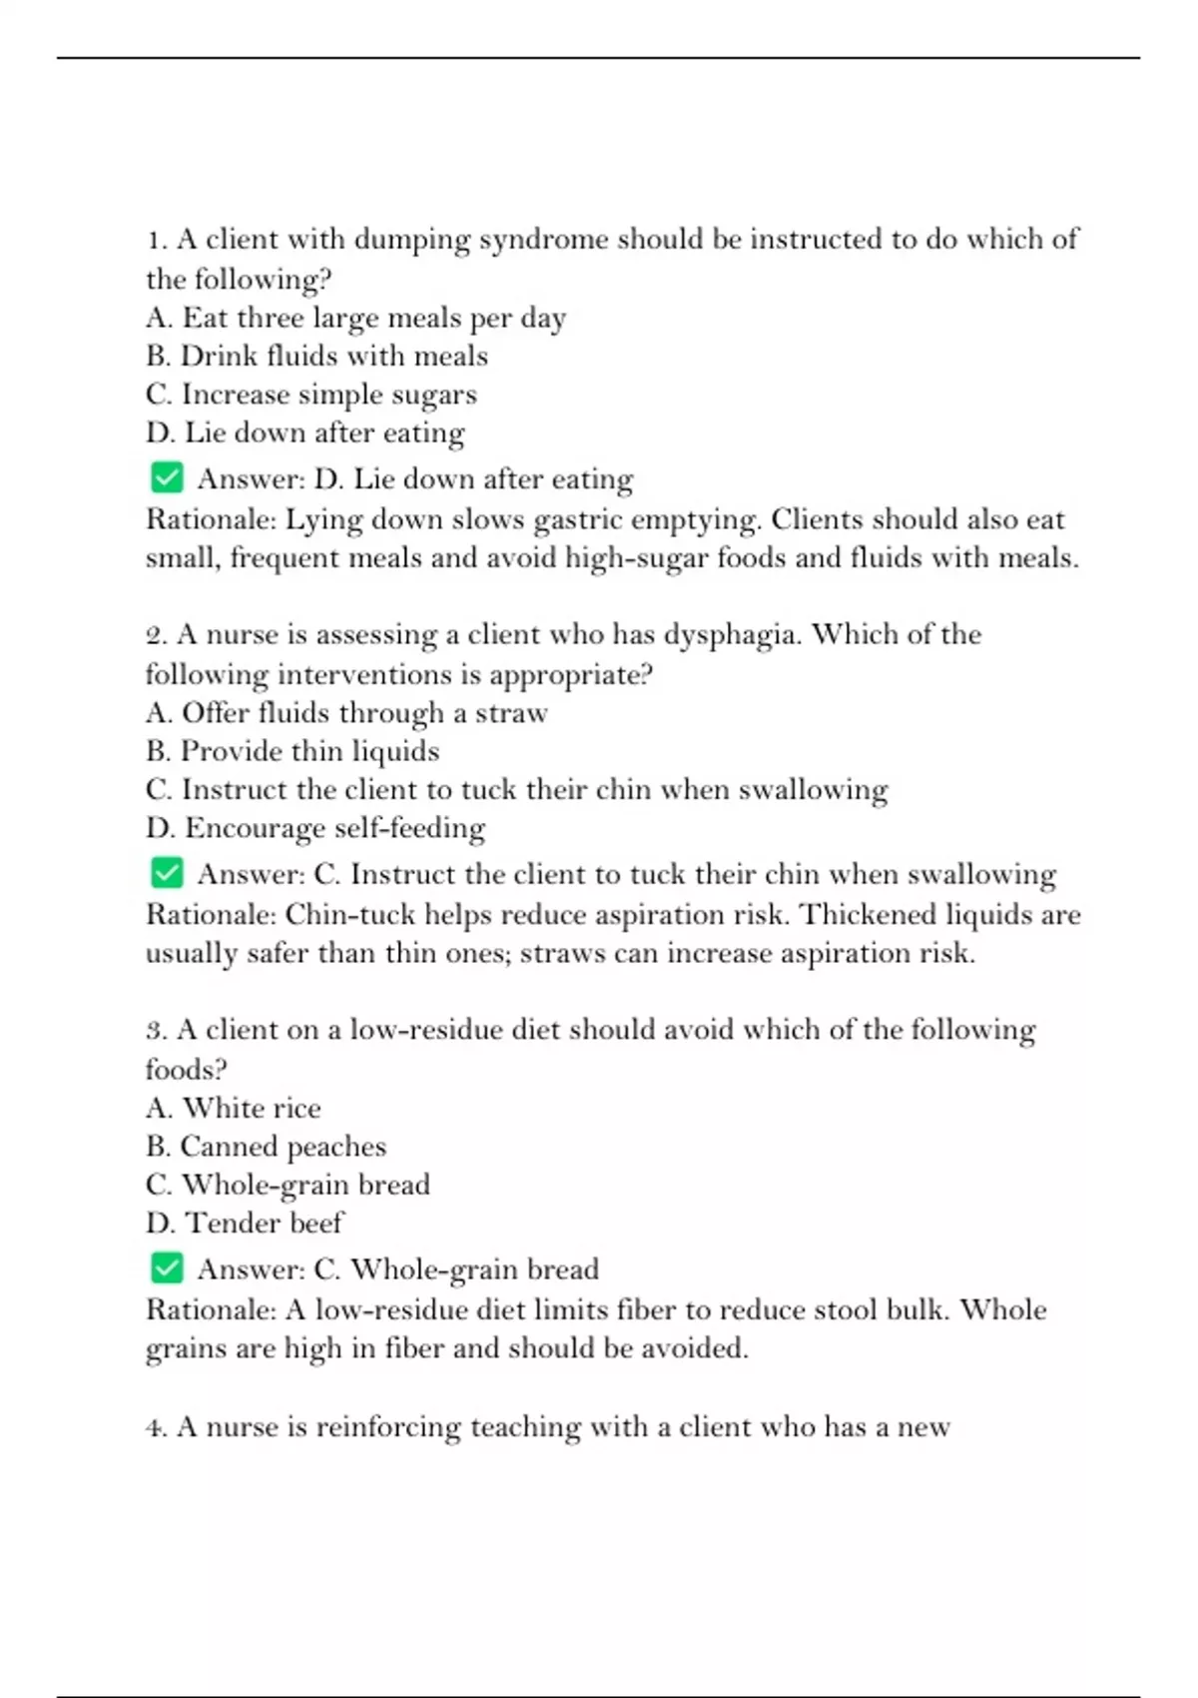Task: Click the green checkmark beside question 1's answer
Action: click(167, 477)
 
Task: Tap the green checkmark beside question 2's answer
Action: click(167, 873)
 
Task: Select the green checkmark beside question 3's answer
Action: click(167, 1269)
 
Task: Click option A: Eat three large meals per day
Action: click(355, 318)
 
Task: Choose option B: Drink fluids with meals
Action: click(316, 356)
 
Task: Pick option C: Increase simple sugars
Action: click(310, 395)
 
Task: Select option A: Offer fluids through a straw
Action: click(346, 713)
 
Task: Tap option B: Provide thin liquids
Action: click(293, 751)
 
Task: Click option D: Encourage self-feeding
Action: click(315, 828)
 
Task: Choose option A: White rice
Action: click(233, 1108)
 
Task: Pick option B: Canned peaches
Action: click(266, 1147)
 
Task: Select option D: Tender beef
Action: click(245, 1223)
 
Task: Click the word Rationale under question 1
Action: click(211, 519)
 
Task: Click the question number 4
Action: click(155, 1427)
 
